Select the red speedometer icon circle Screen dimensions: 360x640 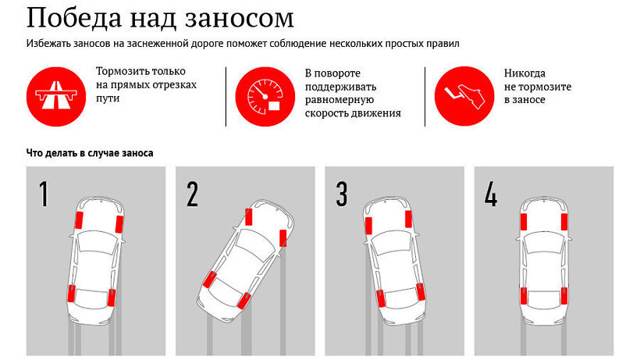coord(262,96)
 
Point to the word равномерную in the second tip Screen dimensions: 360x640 coord(339,100)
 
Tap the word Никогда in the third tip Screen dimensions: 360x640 coord(524,73)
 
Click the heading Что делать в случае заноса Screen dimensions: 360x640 coord(90,153)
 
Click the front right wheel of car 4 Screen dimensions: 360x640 coord(564,221)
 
